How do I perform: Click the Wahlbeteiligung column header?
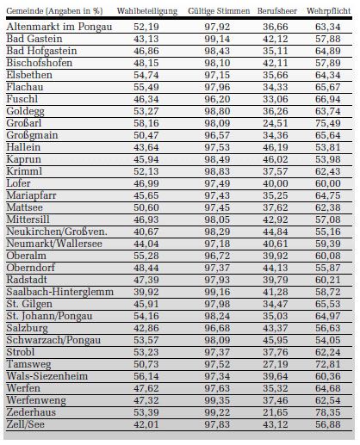coord(147,11)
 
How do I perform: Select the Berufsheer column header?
coord(277,11)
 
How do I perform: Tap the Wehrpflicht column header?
coord(328,11)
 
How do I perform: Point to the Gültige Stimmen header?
coord(219,11)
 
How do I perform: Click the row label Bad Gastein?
coord(34,39)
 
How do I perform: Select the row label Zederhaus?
coord(31,412)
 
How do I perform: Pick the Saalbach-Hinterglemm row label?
coord(60,292)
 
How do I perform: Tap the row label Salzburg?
coord(28,328)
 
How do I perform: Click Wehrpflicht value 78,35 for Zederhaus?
coord(328,412)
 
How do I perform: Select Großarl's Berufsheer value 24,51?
coord(276,123)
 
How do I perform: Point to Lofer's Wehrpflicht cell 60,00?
coord(328,183)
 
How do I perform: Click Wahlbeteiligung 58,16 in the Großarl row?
coord(146,123)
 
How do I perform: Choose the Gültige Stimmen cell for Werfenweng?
coord(217,400)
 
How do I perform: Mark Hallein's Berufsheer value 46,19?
coord(276,147)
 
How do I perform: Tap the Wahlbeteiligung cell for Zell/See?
coord(146,424)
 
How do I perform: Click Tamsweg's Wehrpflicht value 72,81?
coord(328,364)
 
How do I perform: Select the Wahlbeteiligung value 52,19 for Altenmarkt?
coord(146,27)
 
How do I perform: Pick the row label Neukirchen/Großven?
coord(57,232)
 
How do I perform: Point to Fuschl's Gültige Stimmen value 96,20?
coord(217,99)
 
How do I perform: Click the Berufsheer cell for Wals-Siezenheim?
coord(276,376)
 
